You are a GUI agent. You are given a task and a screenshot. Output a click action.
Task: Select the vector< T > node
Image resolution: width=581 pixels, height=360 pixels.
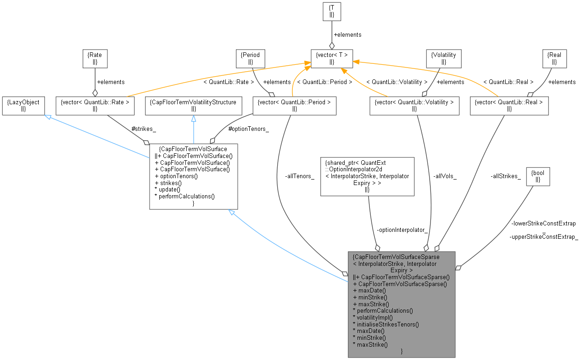[332, 58]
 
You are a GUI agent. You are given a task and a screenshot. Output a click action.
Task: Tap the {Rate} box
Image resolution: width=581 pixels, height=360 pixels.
[95, 58]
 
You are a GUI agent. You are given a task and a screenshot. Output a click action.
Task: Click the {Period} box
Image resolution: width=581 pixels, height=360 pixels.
[251, 58]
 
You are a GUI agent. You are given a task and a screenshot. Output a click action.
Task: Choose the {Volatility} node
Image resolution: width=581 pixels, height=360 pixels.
[443, 58]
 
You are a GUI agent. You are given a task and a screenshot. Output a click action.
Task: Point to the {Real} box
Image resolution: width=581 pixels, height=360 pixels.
[554, 58]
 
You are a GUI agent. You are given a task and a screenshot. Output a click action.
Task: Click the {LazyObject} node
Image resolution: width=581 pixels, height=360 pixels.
[23, 106]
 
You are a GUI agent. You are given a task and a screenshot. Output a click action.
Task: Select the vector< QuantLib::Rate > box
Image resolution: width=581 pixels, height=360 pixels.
[95, 106]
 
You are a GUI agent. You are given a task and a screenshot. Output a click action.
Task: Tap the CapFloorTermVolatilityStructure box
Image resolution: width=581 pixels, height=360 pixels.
[194, 106]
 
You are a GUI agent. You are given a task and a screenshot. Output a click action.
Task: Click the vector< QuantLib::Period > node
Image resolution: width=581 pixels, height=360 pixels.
[294, 106]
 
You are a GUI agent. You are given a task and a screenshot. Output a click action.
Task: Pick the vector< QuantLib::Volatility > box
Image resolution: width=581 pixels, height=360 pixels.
[414, 106]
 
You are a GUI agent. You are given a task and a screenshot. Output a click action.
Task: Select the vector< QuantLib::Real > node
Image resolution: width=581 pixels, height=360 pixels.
[509, 106]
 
